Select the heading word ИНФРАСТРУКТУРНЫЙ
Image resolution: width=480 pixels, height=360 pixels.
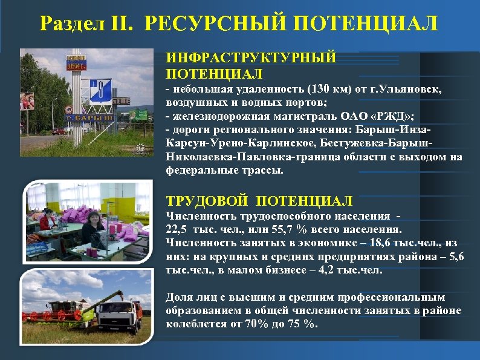(251, 59)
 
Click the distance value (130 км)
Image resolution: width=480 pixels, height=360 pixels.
(327, 89)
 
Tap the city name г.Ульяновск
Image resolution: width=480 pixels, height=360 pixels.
(409, 89)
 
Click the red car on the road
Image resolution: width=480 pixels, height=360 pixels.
(59, 131)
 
